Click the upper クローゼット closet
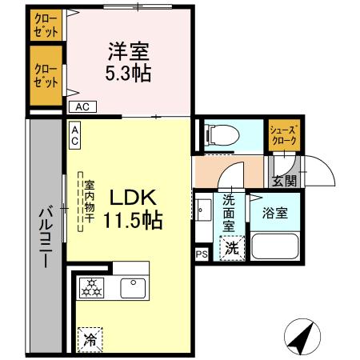[46, 26]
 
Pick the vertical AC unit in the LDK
[74, 135]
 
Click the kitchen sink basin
[130, 285]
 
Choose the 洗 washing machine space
[230, 248]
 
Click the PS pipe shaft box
[201, 254]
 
